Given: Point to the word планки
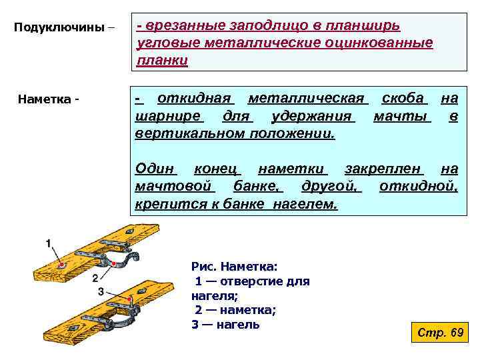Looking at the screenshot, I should [x=162, y=61].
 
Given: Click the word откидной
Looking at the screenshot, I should [x=418, y=185].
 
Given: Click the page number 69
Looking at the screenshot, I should [x=457, y=332].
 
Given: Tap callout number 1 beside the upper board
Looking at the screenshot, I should [x=49, y=244].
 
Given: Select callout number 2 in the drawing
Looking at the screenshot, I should [x=95, y=277].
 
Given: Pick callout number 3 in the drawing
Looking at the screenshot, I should [x=101, y=291].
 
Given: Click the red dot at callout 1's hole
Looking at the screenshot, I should [x=62, y=265].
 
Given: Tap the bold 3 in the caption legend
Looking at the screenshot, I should [x=195, y=325].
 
